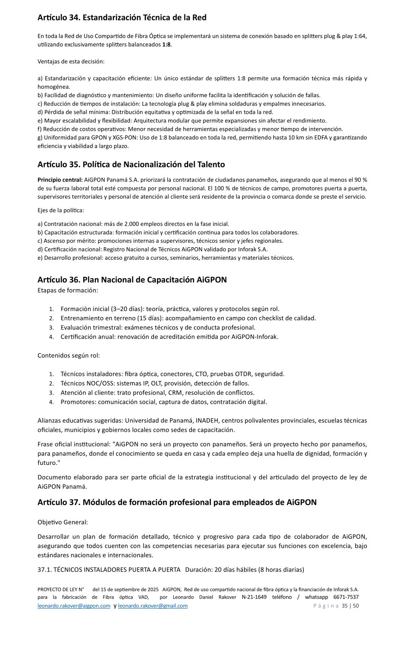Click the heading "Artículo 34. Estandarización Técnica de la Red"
122,18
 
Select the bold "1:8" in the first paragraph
166,44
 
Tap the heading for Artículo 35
131,165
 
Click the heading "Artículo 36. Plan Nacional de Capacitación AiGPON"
132,280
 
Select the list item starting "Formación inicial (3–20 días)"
170,309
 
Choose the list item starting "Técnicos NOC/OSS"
155,383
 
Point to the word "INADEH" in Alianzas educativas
210,421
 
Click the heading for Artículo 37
177,502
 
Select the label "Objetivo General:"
62,522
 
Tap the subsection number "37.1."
44,570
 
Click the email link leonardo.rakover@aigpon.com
74,606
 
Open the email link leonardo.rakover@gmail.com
153,606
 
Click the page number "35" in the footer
344,606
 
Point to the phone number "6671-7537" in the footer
346,597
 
